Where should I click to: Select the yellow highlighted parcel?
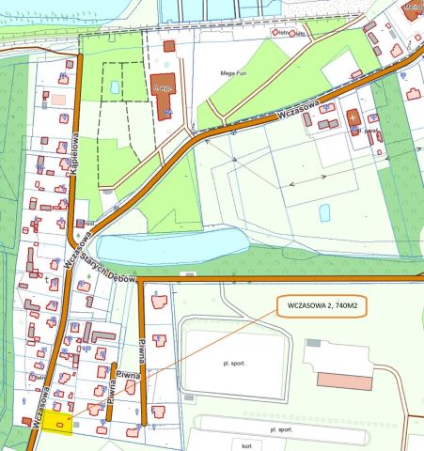click(x=57, y=426)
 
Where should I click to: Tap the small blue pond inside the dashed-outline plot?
click(x=115, y=86)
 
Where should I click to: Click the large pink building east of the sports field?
click(x=356, y=380)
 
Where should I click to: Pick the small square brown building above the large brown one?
click(x=169, y=45)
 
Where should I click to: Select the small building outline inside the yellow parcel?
click(x=60, y=427)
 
